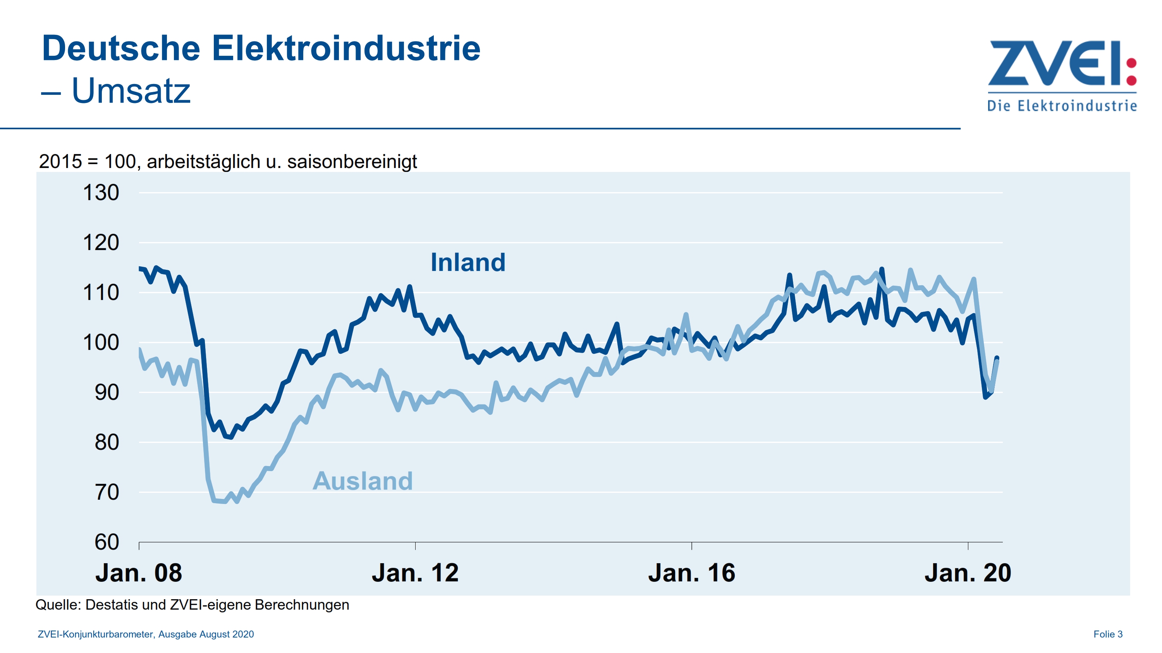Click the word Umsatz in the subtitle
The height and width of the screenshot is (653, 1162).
(x=131, y=91)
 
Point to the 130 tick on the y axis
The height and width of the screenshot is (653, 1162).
(x=101, y=193)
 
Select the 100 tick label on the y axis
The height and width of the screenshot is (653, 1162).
(x=101, y=343)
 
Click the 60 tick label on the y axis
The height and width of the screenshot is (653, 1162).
(x=107, y=542)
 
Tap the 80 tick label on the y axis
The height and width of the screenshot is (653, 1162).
(x=107, y=442)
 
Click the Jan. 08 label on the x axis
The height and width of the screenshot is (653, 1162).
(x=139, y=573)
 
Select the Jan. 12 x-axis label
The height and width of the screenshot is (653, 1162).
(x=415, y=573)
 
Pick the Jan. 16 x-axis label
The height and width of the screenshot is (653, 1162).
(x=691, y=573)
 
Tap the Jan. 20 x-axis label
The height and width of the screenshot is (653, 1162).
(x=968, y=573)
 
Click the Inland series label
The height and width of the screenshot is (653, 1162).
(x=468, y=262)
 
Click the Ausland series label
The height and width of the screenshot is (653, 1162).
(x=363, y=481)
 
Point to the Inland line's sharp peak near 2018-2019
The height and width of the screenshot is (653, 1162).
(x=882, y=269)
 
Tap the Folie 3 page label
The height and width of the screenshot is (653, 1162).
(x=1107, y=634)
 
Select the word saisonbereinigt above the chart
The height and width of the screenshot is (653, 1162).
(x=352, y=162)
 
